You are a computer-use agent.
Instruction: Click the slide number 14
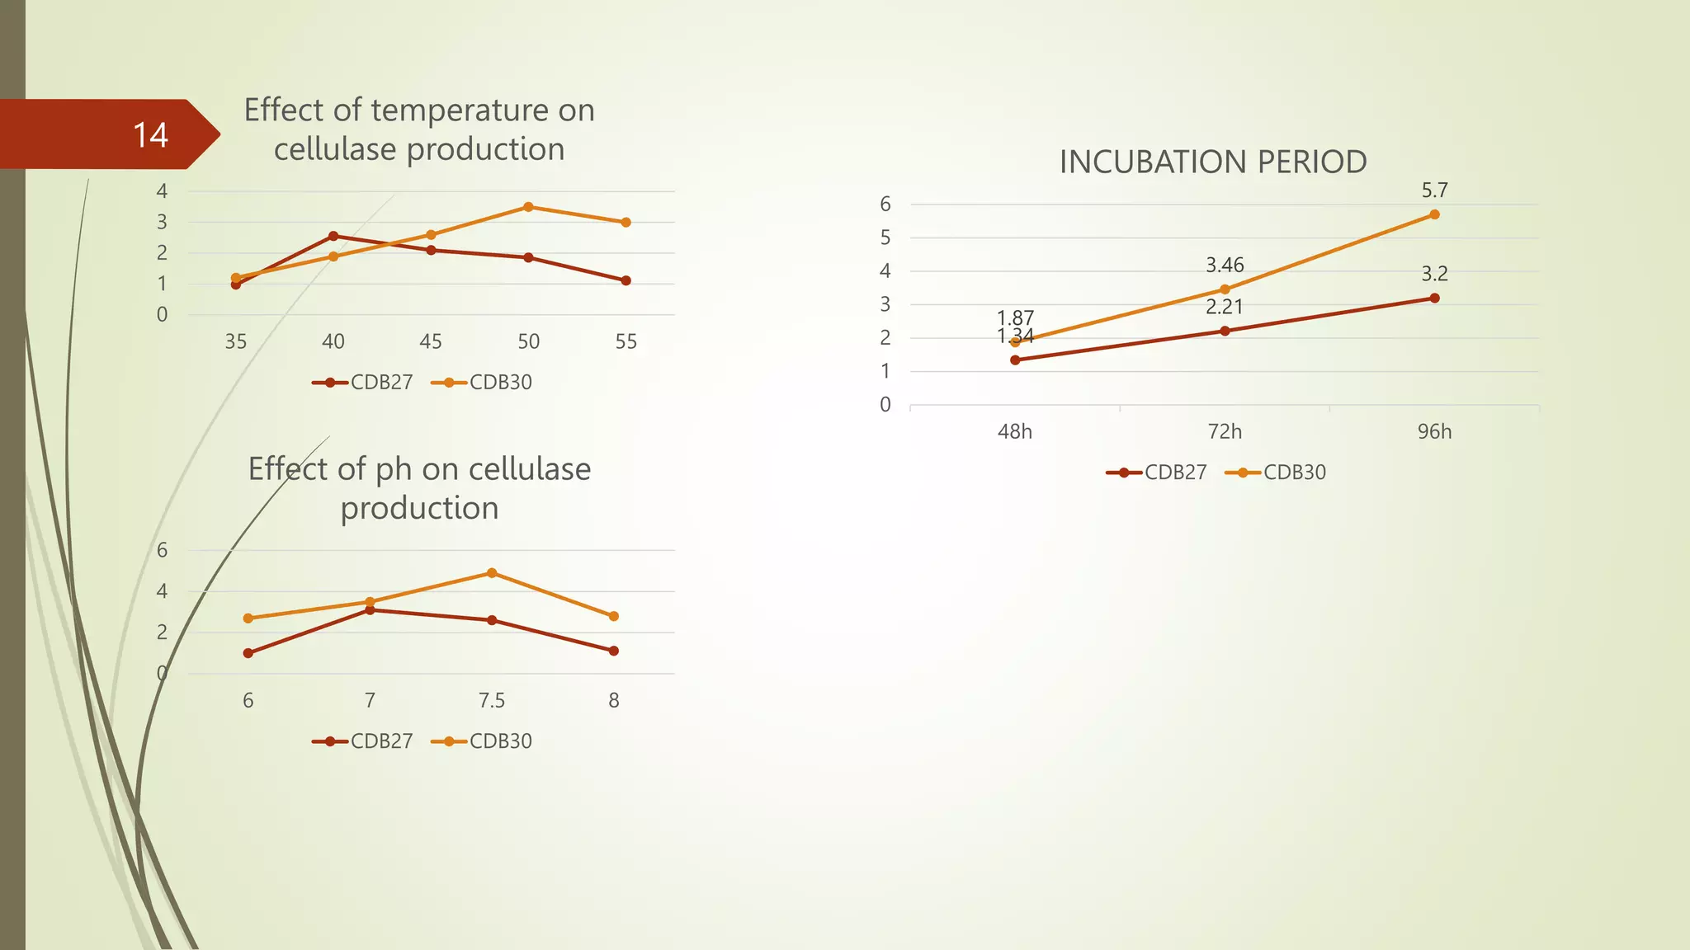tap(150, 135)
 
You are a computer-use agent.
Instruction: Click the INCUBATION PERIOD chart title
tap(1213, 162)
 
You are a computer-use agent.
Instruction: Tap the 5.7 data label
tap(1434, 190)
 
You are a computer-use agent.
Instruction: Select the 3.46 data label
tap(1225, 266)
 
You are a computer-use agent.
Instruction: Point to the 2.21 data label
tap(1225, 307)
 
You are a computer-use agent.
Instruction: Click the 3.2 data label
tap(1434, 274)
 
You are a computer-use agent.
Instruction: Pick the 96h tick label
tap(1434, 431)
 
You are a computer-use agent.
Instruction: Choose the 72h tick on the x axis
tap(1225, 431)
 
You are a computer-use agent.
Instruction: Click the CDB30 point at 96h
tap(1434, 214)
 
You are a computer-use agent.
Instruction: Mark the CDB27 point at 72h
tap(1225, 331)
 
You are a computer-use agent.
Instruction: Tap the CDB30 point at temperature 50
tap(528, 207)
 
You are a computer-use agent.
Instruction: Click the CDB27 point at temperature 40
tap(333, 236)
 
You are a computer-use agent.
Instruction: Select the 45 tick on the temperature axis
tap(431, 341)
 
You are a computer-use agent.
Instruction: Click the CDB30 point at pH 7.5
tap(492, 572)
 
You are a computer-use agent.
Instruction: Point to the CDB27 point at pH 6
tap(248, 653)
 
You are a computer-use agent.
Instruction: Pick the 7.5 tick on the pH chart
tap(492, 700)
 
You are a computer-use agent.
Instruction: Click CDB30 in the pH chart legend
tap(500, 741)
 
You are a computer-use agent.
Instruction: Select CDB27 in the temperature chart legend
tap(381, 383)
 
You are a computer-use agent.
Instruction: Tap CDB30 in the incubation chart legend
tap(1295, 473)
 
